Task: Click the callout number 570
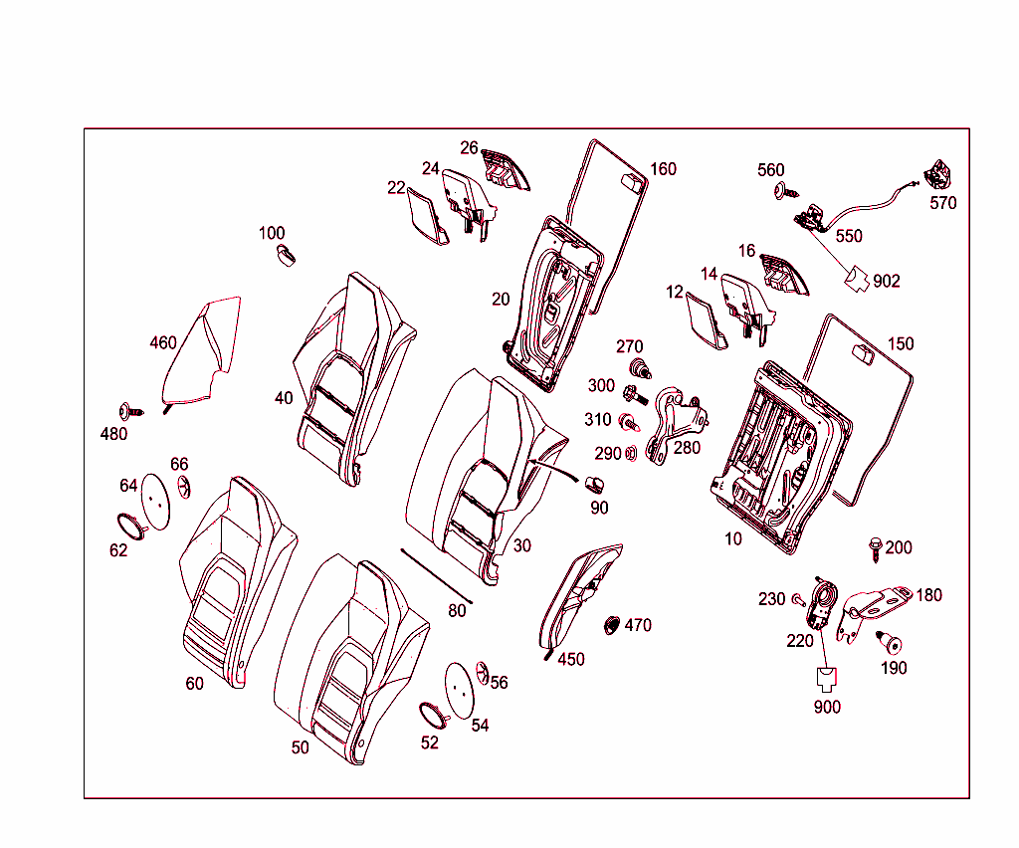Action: (943, 203)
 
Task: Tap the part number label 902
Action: (887, 282)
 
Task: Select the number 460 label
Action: (163, 342)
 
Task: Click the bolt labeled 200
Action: (876, 548)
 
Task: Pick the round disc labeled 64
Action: (155, 501)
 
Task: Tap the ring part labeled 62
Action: (132, 526)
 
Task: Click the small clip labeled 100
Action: (286, 255)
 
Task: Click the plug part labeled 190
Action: (890, 642)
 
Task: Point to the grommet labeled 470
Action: (612, 626)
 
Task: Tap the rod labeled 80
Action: (436, 575)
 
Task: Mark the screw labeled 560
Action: (786, 191)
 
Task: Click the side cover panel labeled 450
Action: (578, 598)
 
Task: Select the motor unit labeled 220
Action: (821, 602)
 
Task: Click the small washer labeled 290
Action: (630, 453)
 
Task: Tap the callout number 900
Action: (827, 707)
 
